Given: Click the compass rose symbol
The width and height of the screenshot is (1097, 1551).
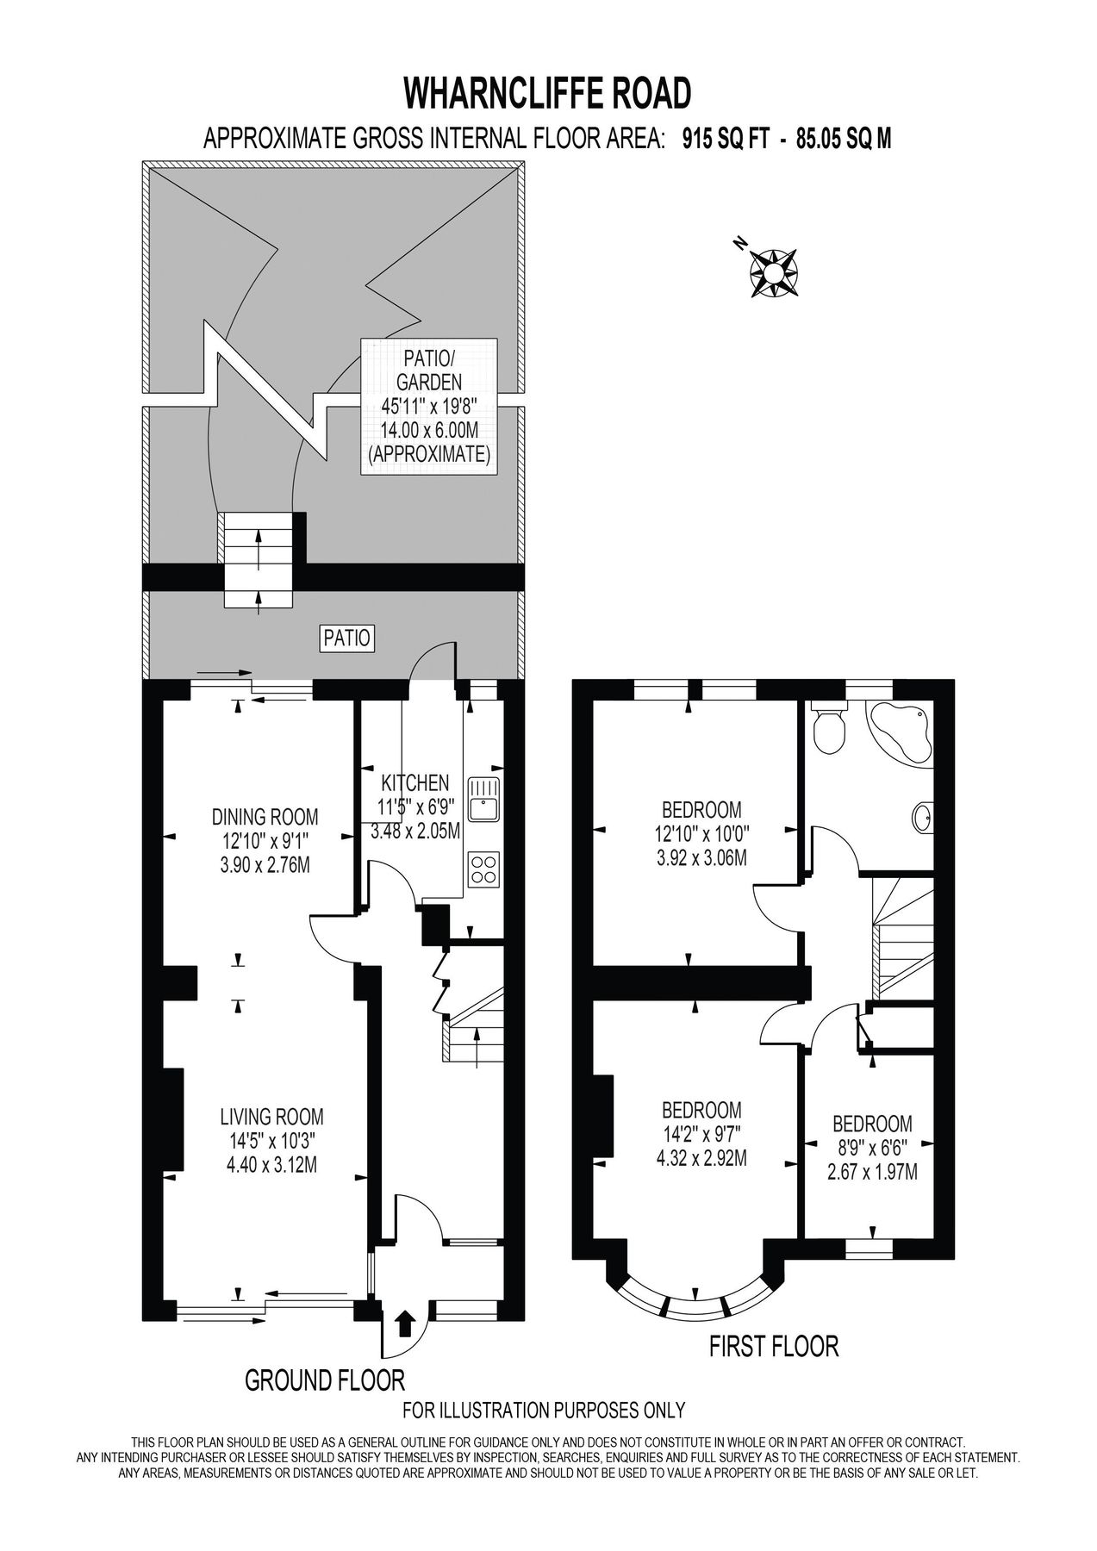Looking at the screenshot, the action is tap(772, 272).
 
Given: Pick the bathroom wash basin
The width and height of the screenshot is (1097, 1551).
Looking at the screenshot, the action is tap(922, 816).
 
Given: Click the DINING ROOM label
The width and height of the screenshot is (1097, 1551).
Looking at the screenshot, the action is tap(265, 815).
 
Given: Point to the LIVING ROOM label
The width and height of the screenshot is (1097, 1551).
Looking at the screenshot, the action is tap(271, 1117).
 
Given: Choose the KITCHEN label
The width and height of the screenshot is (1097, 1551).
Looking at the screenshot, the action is tap(415, 782).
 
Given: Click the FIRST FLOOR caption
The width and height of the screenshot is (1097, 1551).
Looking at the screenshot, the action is tap(774, 1345).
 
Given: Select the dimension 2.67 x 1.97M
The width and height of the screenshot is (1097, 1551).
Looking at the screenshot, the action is tap(872, 1171).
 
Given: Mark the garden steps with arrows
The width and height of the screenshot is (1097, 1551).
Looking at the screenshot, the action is tap(259, 560).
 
